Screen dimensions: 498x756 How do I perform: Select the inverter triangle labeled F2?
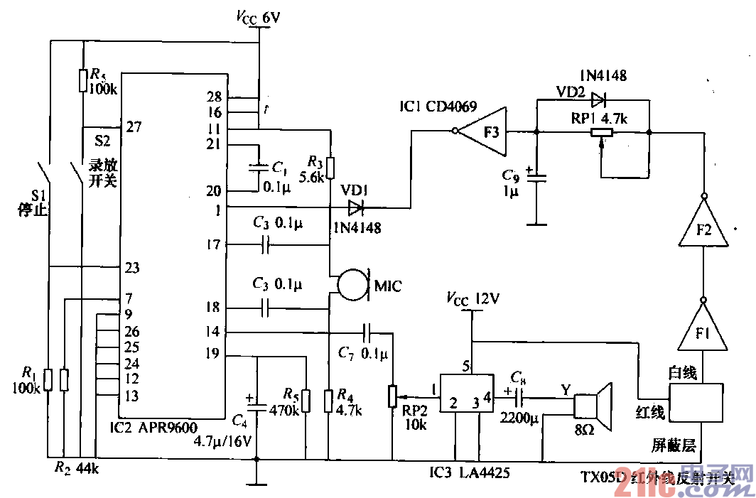[703, 226]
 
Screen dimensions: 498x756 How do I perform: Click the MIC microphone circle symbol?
[354, 283]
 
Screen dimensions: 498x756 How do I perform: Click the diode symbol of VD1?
[355, 208]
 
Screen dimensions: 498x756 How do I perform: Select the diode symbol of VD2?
[598, 99]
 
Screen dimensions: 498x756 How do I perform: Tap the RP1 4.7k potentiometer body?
[602, 131]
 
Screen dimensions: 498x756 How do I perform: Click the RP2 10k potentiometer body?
[391, 396]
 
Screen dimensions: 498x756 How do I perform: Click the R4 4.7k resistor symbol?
[328, 401]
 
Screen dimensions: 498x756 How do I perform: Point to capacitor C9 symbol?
[538, 177]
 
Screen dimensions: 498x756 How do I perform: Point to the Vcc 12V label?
[472, 298]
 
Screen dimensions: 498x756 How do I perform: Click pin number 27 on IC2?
[133, 127]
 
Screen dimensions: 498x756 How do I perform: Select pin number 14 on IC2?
[212, 331]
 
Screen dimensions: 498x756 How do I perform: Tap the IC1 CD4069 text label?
[438, 107]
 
